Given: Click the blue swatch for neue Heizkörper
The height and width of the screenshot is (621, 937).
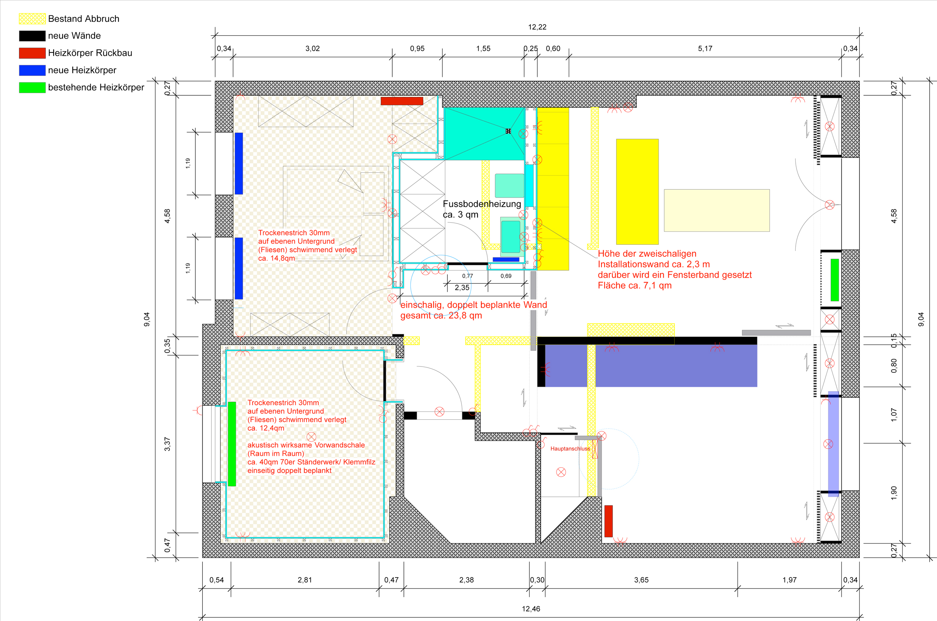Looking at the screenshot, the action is coord(32,70).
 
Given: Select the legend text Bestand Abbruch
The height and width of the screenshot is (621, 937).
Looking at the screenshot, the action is coord(84,19).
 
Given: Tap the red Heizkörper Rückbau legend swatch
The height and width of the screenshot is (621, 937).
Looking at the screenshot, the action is coord(32,53).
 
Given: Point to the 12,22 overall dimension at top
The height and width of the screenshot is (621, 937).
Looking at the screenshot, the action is coord(537,27).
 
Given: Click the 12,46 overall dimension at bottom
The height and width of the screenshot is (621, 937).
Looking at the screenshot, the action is coord(531,609).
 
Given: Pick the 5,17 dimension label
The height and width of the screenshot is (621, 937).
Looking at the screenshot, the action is coord(705,48).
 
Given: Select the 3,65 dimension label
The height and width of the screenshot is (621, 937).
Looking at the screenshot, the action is coord(641,580).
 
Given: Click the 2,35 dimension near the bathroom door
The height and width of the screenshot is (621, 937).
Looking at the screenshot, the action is coord(462,287).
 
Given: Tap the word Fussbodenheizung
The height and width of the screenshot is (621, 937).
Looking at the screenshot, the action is coord(482,204).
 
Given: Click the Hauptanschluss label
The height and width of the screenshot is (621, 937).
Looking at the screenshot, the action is coord(570,449).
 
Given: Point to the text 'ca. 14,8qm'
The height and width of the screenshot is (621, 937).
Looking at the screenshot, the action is coord(277,258).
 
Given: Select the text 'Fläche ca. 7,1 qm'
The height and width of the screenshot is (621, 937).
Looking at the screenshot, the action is coord(635,286).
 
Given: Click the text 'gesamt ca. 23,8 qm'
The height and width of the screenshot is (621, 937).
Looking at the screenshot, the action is coord(441,316).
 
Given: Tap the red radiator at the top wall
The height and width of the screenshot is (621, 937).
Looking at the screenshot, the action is coord(401,101).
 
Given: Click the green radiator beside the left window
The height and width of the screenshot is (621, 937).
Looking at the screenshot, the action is coord(232,444).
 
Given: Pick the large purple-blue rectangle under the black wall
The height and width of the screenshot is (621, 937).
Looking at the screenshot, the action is coord(651,365).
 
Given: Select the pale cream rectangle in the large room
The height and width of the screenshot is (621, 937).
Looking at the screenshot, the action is coord(716,210).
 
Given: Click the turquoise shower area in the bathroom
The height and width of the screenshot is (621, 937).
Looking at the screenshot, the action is coord(484,134).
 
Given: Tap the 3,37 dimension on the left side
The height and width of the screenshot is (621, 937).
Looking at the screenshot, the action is coord(167,444).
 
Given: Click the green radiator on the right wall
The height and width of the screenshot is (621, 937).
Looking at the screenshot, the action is coord(834,280).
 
